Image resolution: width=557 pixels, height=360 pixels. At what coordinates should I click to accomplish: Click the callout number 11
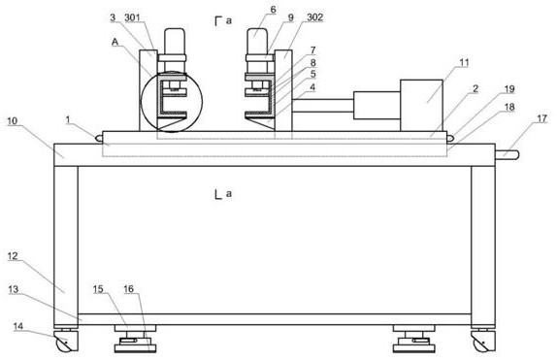point(464,63)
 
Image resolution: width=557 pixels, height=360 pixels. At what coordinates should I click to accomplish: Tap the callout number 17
point(541,118)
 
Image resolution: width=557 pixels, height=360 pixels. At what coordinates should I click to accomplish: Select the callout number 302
point(314,17)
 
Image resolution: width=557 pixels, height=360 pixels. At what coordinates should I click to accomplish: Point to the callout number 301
point(132,17)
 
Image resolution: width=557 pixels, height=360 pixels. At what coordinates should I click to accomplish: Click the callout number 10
point(12,121)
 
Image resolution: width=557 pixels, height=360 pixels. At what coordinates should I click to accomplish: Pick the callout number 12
point(13,256)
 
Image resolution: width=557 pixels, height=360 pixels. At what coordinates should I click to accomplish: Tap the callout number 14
point(18,326)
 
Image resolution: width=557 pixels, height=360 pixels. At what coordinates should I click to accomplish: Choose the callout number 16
point(129,289)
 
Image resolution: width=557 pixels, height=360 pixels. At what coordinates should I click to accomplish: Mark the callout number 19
point(509,89)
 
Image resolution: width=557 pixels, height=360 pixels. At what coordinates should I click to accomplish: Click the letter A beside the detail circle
point(115,42)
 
